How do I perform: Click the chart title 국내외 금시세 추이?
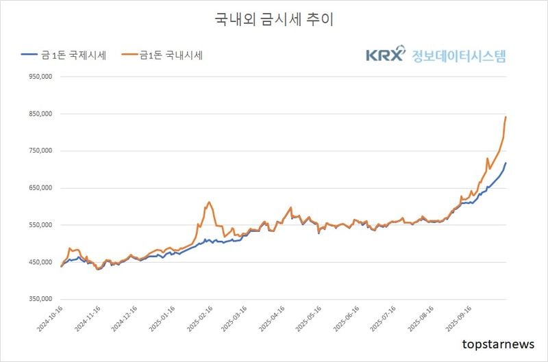(x=274, y=20)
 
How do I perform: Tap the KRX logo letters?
(x=385, y=55)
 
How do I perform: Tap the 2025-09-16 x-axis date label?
(x=459, y=320)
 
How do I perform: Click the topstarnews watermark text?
(x=499, y=344)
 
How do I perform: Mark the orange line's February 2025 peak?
(x=209, y=203)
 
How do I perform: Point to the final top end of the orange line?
(x=506, y=117)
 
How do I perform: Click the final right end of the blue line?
(x=506, y=163)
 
